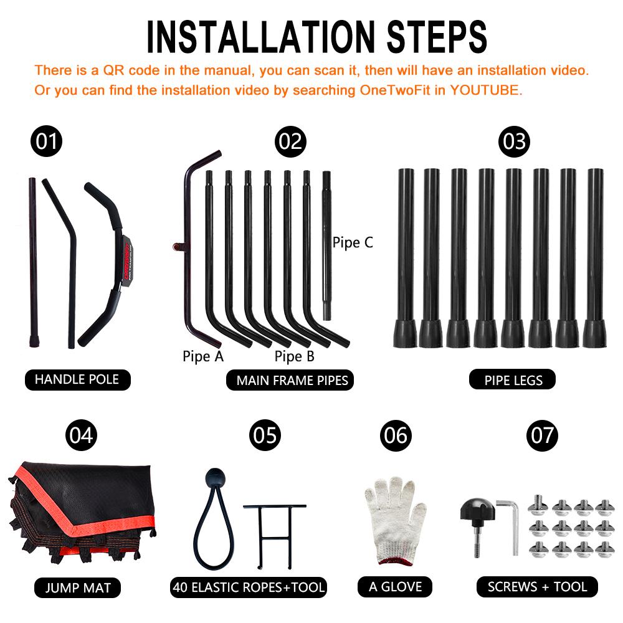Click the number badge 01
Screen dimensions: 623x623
pyautogui.click(x=47, y=141)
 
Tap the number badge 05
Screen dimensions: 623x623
pyautogui.click(x=265, y=435)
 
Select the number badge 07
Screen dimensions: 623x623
pyautogui.click(x=542, y=435)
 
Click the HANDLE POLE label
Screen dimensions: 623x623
pyautogui.click(x=77, y=379)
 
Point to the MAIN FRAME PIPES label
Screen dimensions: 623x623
pyautogui.click(x=290, y=380)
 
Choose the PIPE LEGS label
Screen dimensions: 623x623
pyautogui.click(x=513, y=380)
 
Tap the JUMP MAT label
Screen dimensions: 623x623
pyautogui.click(x=77, y=587)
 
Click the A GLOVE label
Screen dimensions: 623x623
pyautogui.click(x=395, y=587)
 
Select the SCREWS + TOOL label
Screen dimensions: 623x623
pyautogui.click(x=537, y=587)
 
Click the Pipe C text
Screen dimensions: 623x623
pyautogui.click(x=353, y=242)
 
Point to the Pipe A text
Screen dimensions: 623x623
pyautogui.click(x=203, y=356)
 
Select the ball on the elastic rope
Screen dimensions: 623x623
pyautogui.click(x=216, y=478)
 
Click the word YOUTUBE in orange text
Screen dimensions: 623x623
pyautogui.click(x=484, y=90)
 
